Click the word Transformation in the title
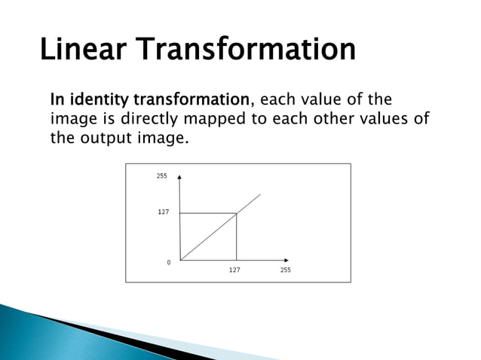tap(247, 50)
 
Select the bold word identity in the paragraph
tap(99, 99)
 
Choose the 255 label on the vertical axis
tap(161, 175)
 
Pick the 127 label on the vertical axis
tap(163, 212)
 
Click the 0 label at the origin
tap(168, 262)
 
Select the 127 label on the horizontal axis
tap(234, 270)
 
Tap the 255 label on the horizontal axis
tap(285, 270)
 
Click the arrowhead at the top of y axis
tap(180, 178)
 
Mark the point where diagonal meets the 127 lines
tap(237, 213)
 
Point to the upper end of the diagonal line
tap(260, 194)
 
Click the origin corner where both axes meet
tap(180, 260)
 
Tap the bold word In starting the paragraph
tap(57, 99)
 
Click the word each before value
tap(275, 99)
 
